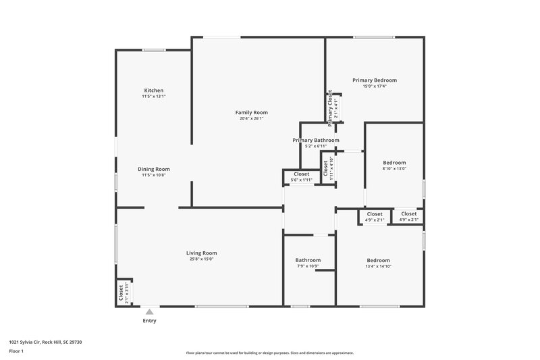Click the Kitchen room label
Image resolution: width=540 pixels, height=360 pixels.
click(153, 91)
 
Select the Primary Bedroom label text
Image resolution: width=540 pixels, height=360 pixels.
click(374, 80)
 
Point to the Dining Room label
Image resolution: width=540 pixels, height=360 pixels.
click(153, 169)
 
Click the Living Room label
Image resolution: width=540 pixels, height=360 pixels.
click(201, 253)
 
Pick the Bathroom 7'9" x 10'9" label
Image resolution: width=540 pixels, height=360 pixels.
click(308, 260)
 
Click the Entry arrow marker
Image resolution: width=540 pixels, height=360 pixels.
click(149, 311)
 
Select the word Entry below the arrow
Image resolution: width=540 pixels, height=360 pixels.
click(149, 321)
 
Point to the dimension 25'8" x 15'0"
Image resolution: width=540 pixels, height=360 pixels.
click(201, 259)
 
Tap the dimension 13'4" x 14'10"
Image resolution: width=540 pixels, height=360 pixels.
click(378, 266)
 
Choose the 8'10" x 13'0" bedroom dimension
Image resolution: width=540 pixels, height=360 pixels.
click(394, 169)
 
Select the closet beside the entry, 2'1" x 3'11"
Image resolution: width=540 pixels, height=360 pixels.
click(123, 293)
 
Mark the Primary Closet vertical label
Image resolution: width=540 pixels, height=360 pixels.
click(331, 108)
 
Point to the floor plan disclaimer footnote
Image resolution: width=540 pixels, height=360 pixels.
click(269, 353)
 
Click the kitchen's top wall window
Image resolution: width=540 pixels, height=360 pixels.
click(154, 49)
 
